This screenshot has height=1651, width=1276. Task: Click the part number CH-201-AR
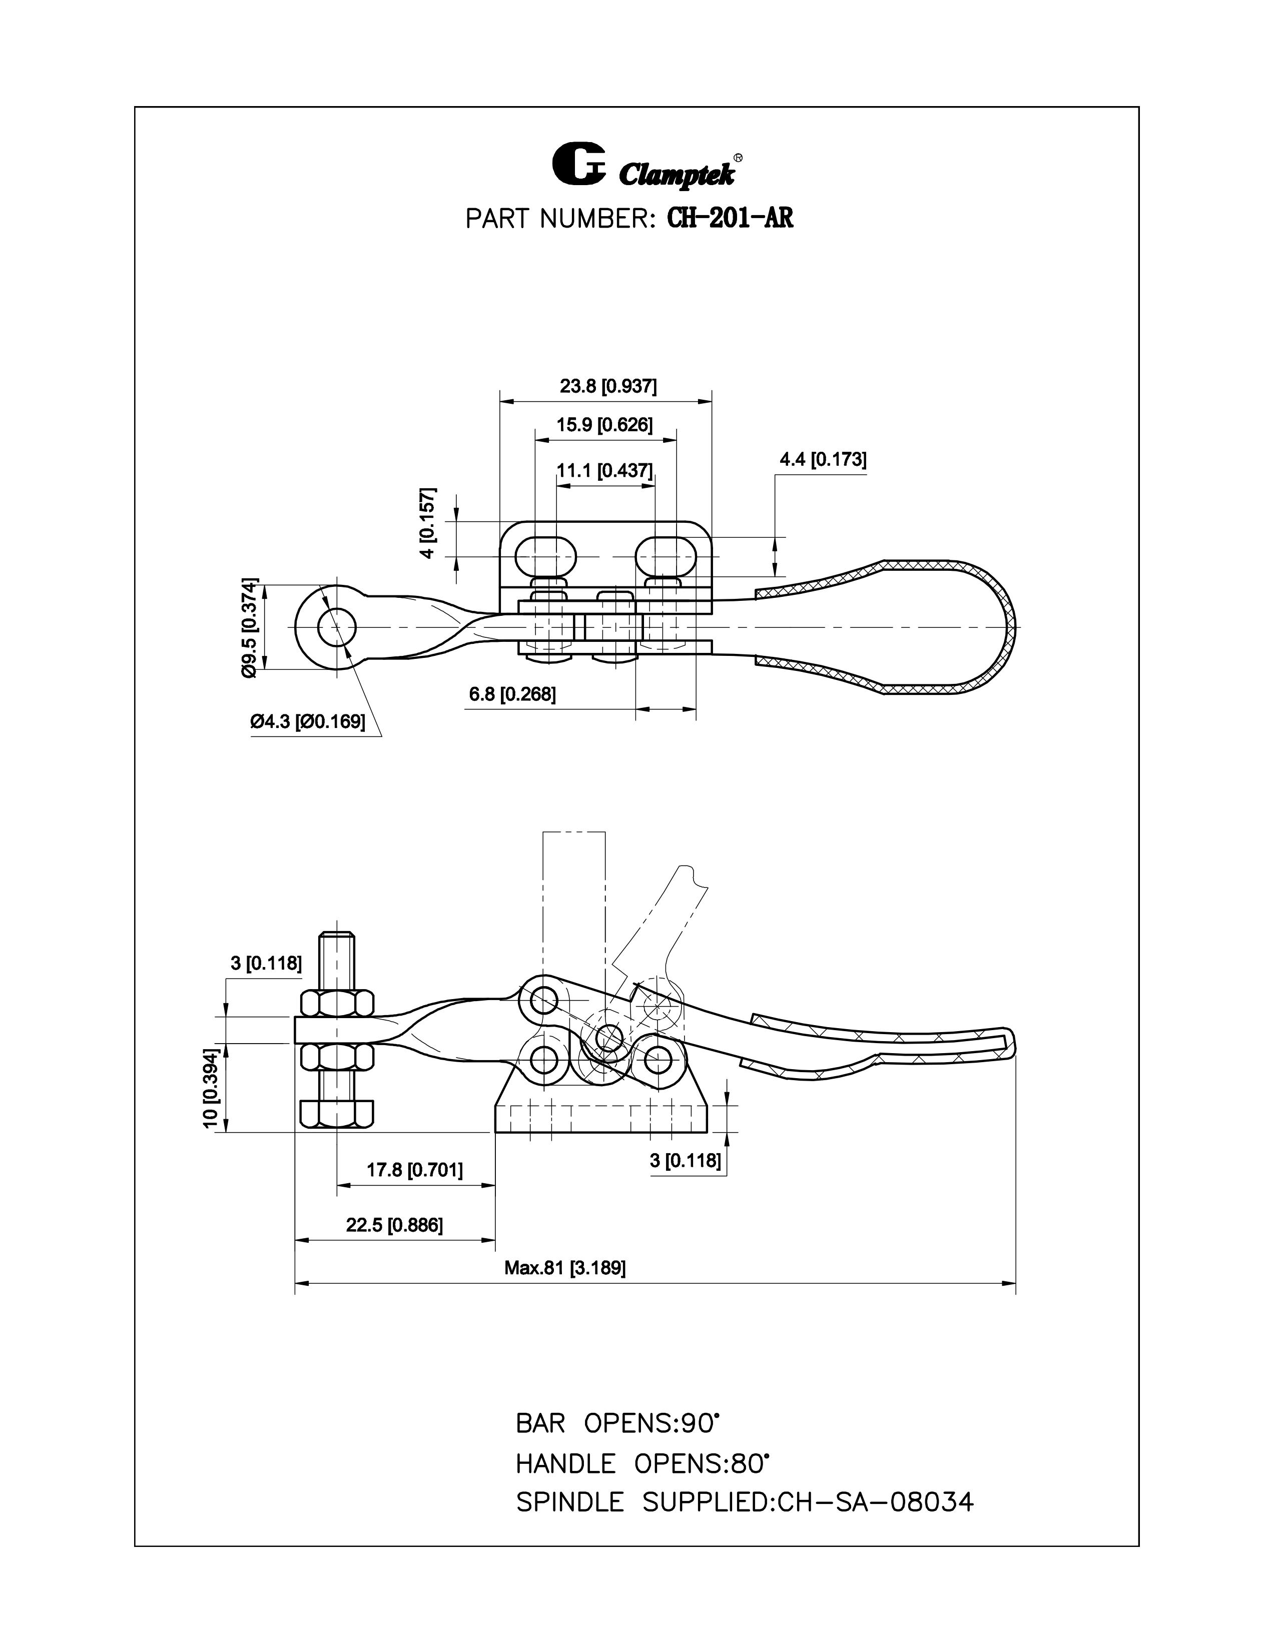tap(730, 219)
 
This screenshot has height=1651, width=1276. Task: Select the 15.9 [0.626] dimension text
tap(604, 425)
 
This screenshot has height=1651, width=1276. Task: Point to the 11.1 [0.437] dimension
tap(604, 471)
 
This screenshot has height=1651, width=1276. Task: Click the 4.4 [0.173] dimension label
tap(823, 460)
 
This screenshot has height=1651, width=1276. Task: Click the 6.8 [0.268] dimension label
tap(512, 694)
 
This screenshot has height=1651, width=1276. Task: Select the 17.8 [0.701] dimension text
tap(414, 1170)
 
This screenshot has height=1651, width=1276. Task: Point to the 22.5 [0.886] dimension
tap(395, 1225)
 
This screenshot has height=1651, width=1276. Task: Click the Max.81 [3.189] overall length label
tap(564, 1268)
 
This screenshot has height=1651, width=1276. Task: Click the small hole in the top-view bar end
tap(336, 627)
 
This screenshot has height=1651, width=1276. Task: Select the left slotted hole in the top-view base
tap(545, 557)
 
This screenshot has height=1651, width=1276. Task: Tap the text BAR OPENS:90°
tap(615, 1423)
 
